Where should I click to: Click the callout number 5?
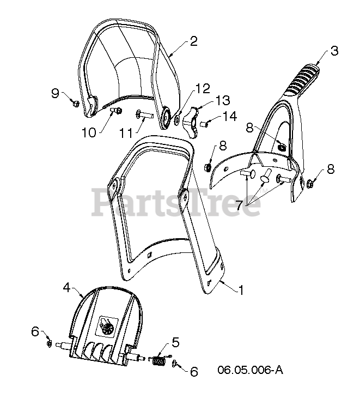(x=175, y=342)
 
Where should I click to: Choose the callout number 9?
(x=55, y=93)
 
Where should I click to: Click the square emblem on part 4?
(x=106, y=328)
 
